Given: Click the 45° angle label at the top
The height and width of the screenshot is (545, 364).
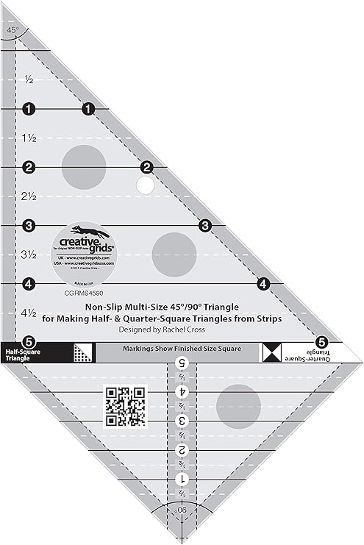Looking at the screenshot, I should (13, 29).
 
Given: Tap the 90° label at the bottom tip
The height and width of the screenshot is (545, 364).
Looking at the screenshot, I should (182, 509).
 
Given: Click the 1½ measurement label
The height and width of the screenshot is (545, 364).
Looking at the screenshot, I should (30, 138).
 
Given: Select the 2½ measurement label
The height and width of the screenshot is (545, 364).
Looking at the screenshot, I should (30, 196).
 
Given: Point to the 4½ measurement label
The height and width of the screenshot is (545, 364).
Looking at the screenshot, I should (30, 313).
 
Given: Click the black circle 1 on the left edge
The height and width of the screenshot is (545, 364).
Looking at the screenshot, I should (29, 109).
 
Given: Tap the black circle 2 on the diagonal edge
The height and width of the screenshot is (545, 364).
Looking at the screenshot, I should (146, 167).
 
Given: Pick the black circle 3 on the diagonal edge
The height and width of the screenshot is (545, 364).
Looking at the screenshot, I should (205, 225).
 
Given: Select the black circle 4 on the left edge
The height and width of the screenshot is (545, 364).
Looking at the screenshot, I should (29, 283).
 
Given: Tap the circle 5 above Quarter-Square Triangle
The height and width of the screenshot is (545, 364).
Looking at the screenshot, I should (321, 341).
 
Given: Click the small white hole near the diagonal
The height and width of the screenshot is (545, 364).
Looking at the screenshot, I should (146, 185).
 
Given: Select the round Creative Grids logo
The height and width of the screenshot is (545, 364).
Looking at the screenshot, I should (83, 249).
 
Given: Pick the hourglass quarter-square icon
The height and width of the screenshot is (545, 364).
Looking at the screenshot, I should (271, 352).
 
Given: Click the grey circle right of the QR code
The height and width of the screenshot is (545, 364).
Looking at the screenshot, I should (240, 405).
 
